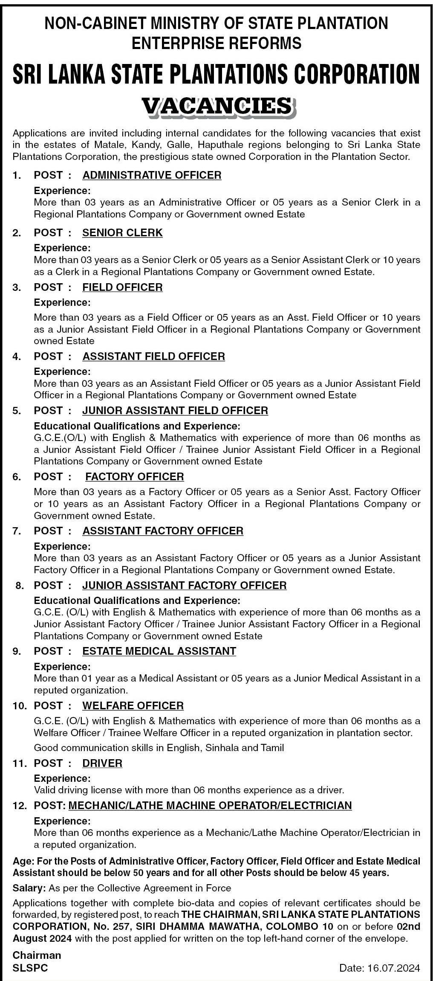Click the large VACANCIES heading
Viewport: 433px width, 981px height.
click(216, 106)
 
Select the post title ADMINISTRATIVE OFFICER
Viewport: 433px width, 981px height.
click(152, 175)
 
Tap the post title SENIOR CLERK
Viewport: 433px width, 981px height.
click(122, 232)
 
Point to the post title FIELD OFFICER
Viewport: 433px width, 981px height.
click(122, 287)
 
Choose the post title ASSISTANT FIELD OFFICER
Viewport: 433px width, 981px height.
click(153, 356)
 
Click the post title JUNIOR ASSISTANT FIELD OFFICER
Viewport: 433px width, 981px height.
click(175, 410)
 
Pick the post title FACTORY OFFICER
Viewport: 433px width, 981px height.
click(135, 476)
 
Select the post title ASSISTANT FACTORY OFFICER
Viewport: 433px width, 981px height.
click(163, 531)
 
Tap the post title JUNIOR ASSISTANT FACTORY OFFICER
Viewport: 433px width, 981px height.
click(184, 585)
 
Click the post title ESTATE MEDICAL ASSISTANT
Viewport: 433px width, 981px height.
click(159, 651)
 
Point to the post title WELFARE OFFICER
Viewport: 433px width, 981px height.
click(133, 705)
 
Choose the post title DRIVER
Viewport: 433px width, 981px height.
click(102, 763)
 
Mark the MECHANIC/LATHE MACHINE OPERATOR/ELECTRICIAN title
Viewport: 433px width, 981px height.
click(210, 805)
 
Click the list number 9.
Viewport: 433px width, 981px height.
click(16, 651)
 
